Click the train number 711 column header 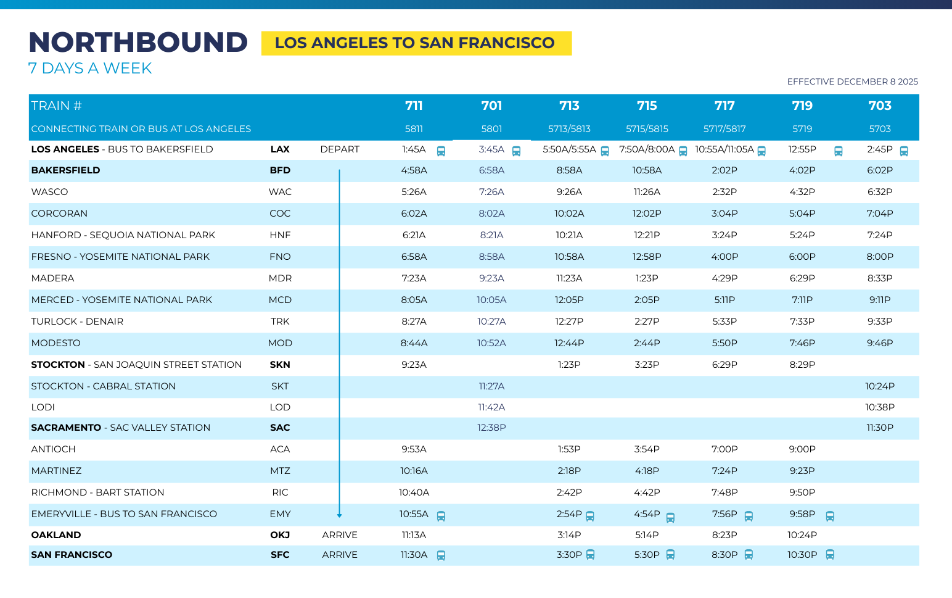point(414,106)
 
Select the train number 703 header point(880,106)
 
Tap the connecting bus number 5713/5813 point(569,129)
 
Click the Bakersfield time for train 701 point(491,170)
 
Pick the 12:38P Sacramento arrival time point(491,428)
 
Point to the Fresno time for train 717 point(724,257)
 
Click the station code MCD point(280,300)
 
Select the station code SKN point(280,365)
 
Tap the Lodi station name point(43,407)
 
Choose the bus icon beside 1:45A point(441,151)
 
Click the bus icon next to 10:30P point(830,555)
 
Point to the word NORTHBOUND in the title point(138,43)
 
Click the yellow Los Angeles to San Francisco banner point(416,43)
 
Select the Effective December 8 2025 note point(852,81)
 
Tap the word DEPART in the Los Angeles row point(340,149)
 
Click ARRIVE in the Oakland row point(340,535)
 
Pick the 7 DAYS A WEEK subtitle point(90,69)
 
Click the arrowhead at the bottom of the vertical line point(339,515)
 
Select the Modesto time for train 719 point(802,343)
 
